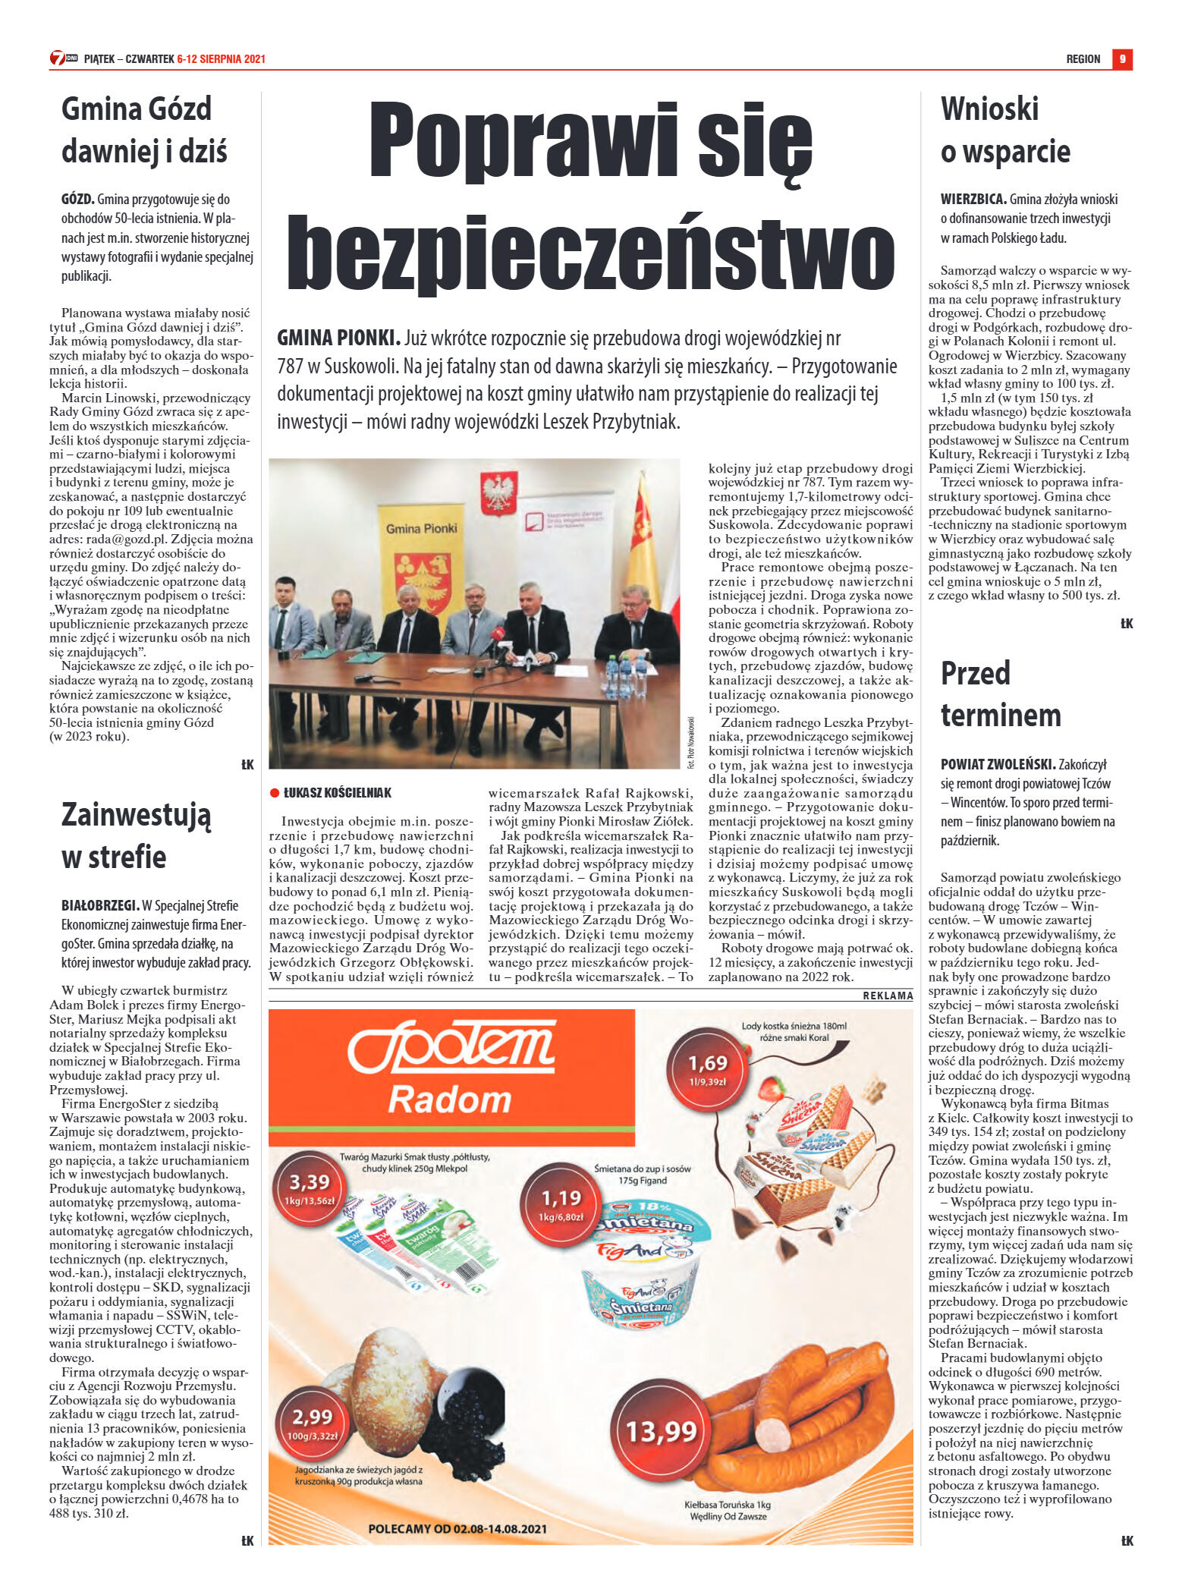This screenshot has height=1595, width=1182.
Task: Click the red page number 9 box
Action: tap(1122, 58)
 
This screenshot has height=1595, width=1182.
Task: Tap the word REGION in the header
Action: tap(1083, 59)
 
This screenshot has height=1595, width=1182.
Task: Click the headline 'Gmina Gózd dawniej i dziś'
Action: tap(144, 130)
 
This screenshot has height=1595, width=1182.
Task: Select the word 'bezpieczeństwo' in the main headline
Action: tap(590, 253)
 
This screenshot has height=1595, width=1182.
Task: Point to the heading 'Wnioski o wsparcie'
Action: tap(1004, 130)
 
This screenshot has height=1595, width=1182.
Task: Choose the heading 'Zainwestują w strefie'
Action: tap(136, 835)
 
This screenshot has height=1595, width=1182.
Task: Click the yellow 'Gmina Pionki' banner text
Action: tap(421, 528)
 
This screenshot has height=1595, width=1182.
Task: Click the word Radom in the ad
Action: tap(450, 1100)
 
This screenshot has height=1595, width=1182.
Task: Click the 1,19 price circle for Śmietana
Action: tap(561, 1202)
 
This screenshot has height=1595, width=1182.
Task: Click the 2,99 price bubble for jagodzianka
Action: tap(313, 1421)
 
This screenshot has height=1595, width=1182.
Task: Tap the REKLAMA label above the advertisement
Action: tap(887, 996)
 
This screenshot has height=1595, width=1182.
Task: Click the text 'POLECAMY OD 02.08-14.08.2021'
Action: tap(457, 1529)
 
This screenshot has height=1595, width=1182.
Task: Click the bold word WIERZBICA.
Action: tap(973, 200)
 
